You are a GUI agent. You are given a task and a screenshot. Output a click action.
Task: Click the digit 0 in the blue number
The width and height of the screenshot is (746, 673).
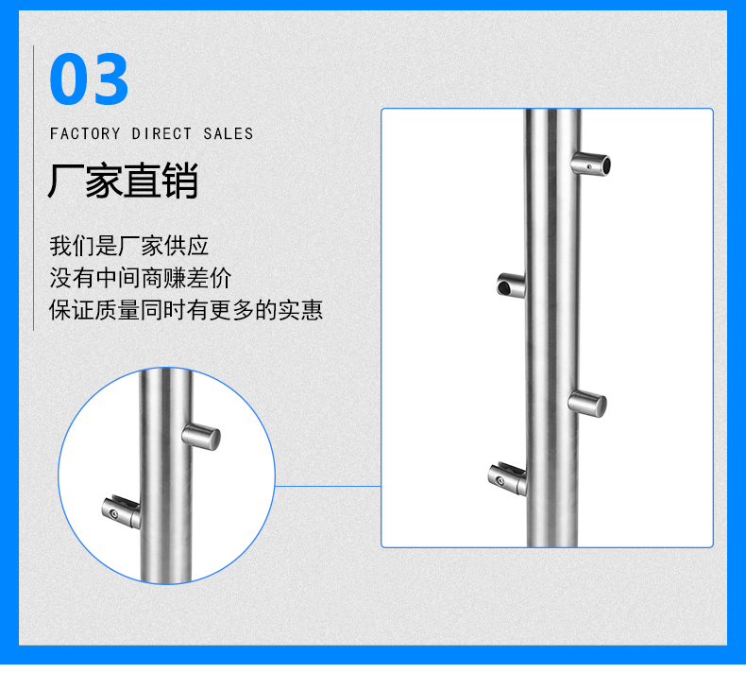tap(68, 78)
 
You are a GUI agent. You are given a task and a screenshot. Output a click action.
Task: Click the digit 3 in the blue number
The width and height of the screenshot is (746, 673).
tap(109, 78)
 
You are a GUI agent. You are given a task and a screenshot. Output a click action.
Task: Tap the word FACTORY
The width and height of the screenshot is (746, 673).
tap(85, 134)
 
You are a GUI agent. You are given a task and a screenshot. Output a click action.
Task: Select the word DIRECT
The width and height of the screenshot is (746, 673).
tap(161, 134)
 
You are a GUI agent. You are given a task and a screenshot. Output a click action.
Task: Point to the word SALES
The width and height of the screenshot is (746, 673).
tap(229, 134)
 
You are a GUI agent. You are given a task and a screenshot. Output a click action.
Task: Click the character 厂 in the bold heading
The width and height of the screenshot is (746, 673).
tap(65, 180)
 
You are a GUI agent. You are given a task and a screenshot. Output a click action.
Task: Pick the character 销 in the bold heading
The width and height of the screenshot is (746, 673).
tap(179, 180)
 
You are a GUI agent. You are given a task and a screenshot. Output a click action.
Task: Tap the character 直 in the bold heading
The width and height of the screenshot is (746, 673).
tap(142, 180)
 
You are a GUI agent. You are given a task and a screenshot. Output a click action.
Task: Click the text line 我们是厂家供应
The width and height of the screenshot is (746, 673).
tap(129, 246)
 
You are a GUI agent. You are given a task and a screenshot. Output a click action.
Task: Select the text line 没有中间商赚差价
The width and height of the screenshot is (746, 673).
tap(141, 278)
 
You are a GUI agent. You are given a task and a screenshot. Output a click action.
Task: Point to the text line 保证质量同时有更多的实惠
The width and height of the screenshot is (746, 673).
tap(186, 310)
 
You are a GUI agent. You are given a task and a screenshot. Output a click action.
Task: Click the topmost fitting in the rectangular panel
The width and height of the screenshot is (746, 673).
tap(591, 164)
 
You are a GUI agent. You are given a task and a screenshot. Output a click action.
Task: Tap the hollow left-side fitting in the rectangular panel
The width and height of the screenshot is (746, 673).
tap(512, 285)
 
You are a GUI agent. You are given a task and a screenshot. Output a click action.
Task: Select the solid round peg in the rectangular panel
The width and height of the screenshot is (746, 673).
tap(587, 404)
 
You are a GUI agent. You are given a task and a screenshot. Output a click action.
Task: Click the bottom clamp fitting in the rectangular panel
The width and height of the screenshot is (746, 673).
tap(508, 477)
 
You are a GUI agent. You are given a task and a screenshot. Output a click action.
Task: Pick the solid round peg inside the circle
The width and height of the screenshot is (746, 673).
tap(201, 437)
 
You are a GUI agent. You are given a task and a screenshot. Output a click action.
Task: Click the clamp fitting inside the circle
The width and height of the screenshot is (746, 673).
tap(121, 512)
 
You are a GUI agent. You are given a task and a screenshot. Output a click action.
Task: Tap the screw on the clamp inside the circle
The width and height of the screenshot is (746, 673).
tap(113, 514)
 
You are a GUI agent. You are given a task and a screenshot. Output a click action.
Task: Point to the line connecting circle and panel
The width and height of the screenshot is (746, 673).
tap(328, 486)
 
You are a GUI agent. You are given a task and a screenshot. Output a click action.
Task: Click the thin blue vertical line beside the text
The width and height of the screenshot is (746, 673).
tap(33, 188)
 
